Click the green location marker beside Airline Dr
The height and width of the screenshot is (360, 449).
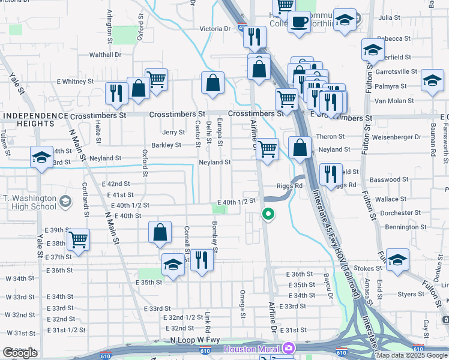click(x=268, y=213)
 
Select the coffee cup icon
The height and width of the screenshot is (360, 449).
click(x=299, y=23)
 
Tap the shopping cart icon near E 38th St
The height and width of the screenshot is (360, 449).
click(x=79, y=239)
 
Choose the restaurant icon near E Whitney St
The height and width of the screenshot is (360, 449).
click(x=115, y=93)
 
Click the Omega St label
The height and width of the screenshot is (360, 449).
click(x=243, y=304)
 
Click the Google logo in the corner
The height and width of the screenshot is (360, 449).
click(x=20, y=353)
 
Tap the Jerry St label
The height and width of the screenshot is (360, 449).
click(x=173, y=132)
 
